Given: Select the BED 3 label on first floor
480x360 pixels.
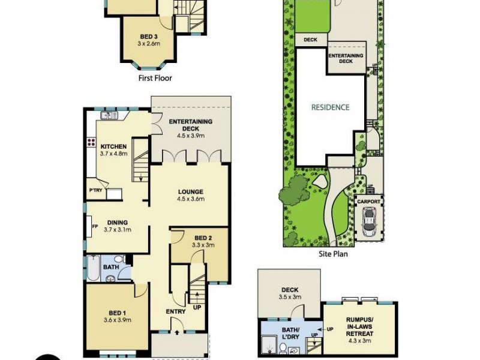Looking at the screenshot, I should [149, 37].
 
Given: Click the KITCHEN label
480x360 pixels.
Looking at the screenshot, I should [113, 147].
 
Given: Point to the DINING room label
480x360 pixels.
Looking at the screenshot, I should [117, 223].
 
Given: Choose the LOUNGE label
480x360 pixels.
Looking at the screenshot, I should [191, 192].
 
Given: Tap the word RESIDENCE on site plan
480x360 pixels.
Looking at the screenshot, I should [329, 107].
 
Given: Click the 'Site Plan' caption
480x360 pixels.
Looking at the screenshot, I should [333, 254].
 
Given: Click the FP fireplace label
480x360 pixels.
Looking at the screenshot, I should [95, 226].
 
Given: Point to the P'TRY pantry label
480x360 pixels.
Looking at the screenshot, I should [95, 191].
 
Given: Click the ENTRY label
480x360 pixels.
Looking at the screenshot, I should [175, 311].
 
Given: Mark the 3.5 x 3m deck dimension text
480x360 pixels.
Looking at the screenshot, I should [289, 296].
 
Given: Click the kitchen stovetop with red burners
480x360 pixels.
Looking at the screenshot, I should [92, 143].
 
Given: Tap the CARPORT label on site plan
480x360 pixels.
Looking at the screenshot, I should [369, 202].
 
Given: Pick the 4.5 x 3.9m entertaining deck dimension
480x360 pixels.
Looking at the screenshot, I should [191, 136].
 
